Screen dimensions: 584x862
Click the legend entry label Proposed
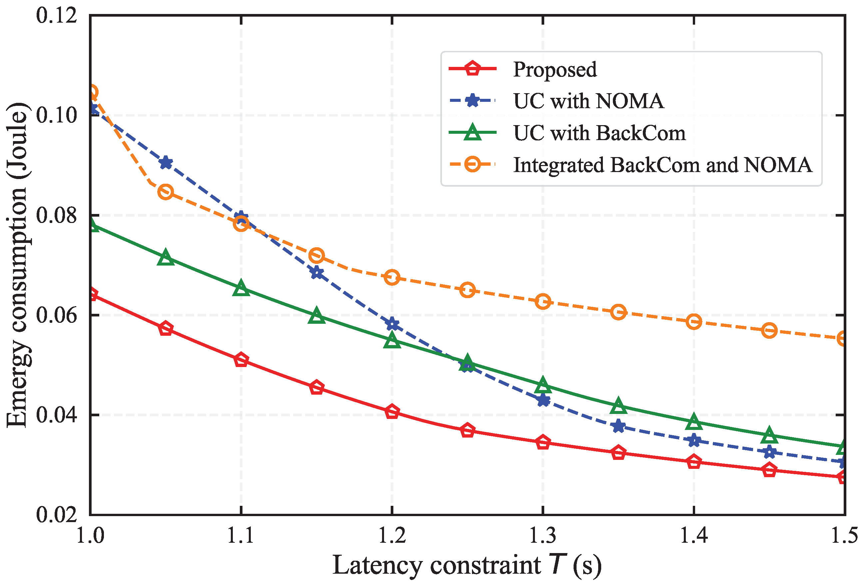coord(555,69)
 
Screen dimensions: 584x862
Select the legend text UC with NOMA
coord(588,101)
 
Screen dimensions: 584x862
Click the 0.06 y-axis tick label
coord(56,315)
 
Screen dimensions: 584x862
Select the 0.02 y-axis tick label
coord(56,514)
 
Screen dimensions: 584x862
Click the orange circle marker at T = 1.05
coord(166,192)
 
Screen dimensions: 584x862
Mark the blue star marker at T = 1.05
coord(166,163)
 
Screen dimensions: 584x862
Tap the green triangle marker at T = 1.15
coord(316,316)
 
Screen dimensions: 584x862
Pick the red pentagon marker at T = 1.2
coord(392,412)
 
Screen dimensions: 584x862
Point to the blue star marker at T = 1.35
coord(618,426)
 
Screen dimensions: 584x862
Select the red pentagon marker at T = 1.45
coord(769,470)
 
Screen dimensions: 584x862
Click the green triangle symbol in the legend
coord(473,133)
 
